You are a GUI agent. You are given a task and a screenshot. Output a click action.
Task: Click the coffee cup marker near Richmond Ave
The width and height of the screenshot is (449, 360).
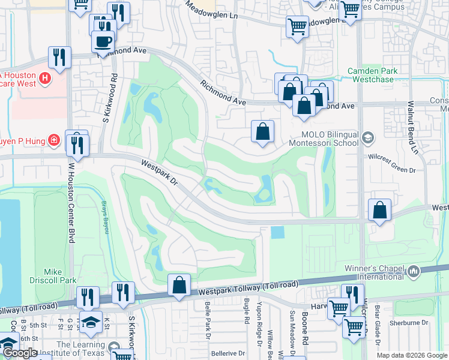(x=103, y=41)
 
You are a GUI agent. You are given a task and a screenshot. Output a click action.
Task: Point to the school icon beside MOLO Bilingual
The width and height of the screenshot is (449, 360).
(x=367, y=139)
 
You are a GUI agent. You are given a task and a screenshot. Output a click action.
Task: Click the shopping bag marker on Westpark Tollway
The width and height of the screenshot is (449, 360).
(x=179, y=286)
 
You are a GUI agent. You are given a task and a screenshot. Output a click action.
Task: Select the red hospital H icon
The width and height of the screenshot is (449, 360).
(x=44, y=78)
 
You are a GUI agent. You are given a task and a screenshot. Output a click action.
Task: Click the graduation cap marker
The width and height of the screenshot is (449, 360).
(x=91, y=323)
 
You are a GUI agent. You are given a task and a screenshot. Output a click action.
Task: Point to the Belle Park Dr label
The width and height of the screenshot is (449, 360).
(x=208, y=328)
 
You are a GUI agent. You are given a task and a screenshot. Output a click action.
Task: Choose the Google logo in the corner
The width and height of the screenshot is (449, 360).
(x=20, y=353)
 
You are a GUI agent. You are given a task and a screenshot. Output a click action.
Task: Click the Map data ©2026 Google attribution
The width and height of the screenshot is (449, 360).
(x=412, y=355)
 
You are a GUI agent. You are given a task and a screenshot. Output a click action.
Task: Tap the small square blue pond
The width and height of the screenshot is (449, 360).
(x=277, y=232)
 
